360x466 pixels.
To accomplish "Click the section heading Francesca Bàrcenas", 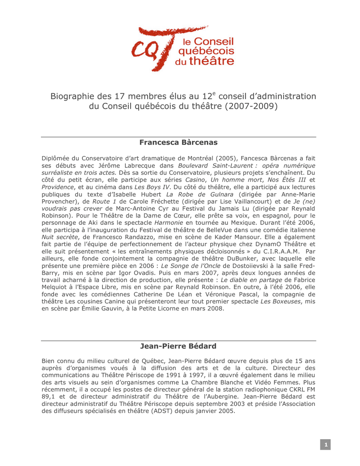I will point(178,142).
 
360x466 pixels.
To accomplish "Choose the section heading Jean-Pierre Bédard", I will point(178,346).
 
